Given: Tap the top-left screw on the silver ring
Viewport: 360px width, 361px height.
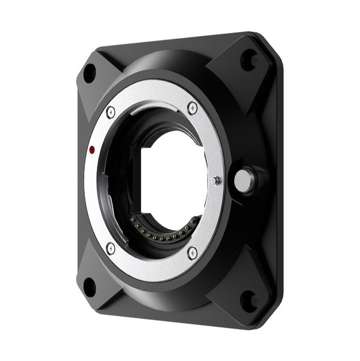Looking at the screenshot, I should [x=111, y=112].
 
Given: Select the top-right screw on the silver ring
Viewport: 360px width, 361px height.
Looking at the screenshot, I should [x=192, y=108].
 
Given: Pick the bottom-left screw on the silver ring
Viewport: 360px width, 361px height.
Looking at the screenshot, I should [x=111, y=247].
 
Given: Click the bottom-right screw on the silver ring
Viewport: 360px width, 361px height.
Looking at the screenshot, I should [x=192, y=253].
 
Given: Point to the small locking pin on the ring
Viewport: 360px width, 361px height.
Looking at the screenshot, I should [x=216, y=180].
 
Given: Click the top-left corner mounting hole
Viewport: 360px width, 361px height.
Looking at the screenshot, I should [x=89, y=73].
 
